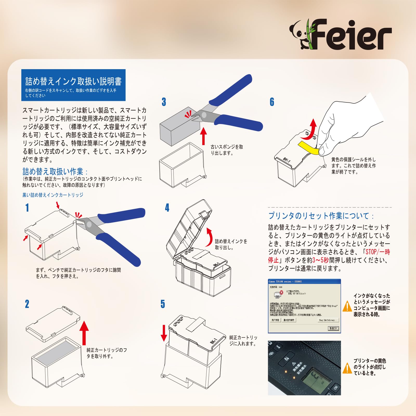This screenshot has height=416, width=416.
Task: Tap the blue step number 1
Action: tap(27, 208)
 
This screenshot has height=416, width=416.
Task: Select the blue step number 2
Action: tap(27, 304)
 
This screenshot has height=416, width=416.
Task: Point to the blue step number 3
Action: tap(164, 102)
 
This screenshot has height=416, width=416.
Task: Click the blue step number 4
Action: tap(167, 208)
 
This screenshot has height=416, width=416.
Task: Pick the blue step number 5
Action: tap(163, 304)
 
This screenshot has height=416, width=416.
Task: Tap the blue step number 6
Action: tap(272, 102)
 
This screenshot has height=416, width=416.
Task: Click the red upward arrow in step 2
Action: tap(84, 333)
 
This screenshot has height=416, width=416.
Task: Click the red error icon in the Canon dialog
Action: tap(281, 292)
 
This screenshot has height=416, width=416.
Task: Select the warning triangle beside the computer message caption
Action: tap(347, 306)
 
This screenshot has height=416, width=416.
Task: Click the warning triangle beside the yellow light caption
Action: tap(347, 368)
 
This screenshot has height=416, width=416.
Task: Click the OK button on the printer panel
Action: tap(335, 387)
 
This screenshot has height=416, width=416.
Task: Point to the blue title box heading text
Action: tap(73, 82)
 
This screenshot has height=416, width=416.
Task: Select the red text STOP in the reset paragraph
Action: tap(371, 252)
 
